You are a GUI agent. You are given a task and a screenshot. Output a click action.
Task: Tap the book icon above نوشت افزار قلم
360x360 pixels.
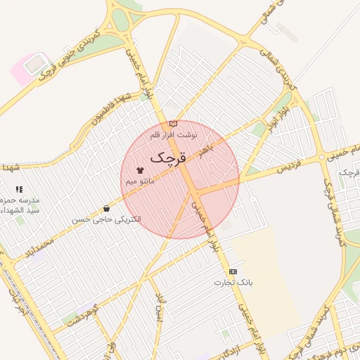pyautogui.click(x=174, y=124)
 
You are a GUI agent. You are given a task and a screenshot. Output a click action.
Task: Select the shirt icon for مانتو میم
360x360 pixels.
pyautogui.click(x=140, y=169)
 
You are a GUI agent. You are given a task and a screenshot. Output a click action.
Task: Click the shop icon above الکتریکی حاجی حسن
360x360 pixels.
pyautogui.click(x=106, y=208)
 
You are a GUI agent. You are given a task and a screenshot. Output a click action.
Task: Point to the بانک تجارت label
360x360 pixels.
pyautogui.click(x=233, y=282)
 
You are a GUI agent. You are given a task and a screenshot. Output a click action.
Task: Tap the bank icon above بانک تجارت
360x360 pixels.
pyautogui.click(x=233, y=271)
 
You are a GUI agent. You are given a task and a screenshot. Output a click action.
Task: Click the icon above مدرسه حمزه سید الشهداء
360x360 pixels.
pyautogui.click(x=19, y=189)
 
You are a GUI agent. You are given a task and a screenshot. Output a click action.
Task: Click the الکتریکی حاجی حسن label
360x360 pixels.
pyautogui.click(x=106, y=219)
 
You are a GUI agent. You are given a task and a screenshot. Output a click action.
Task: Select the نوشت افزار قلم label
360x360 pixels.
pyautogui.click(x=174, y=134)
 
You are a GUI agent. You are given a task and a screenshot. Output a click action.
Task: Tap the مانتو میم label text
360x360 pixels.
pyautogui.click(x=140, y=181)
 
